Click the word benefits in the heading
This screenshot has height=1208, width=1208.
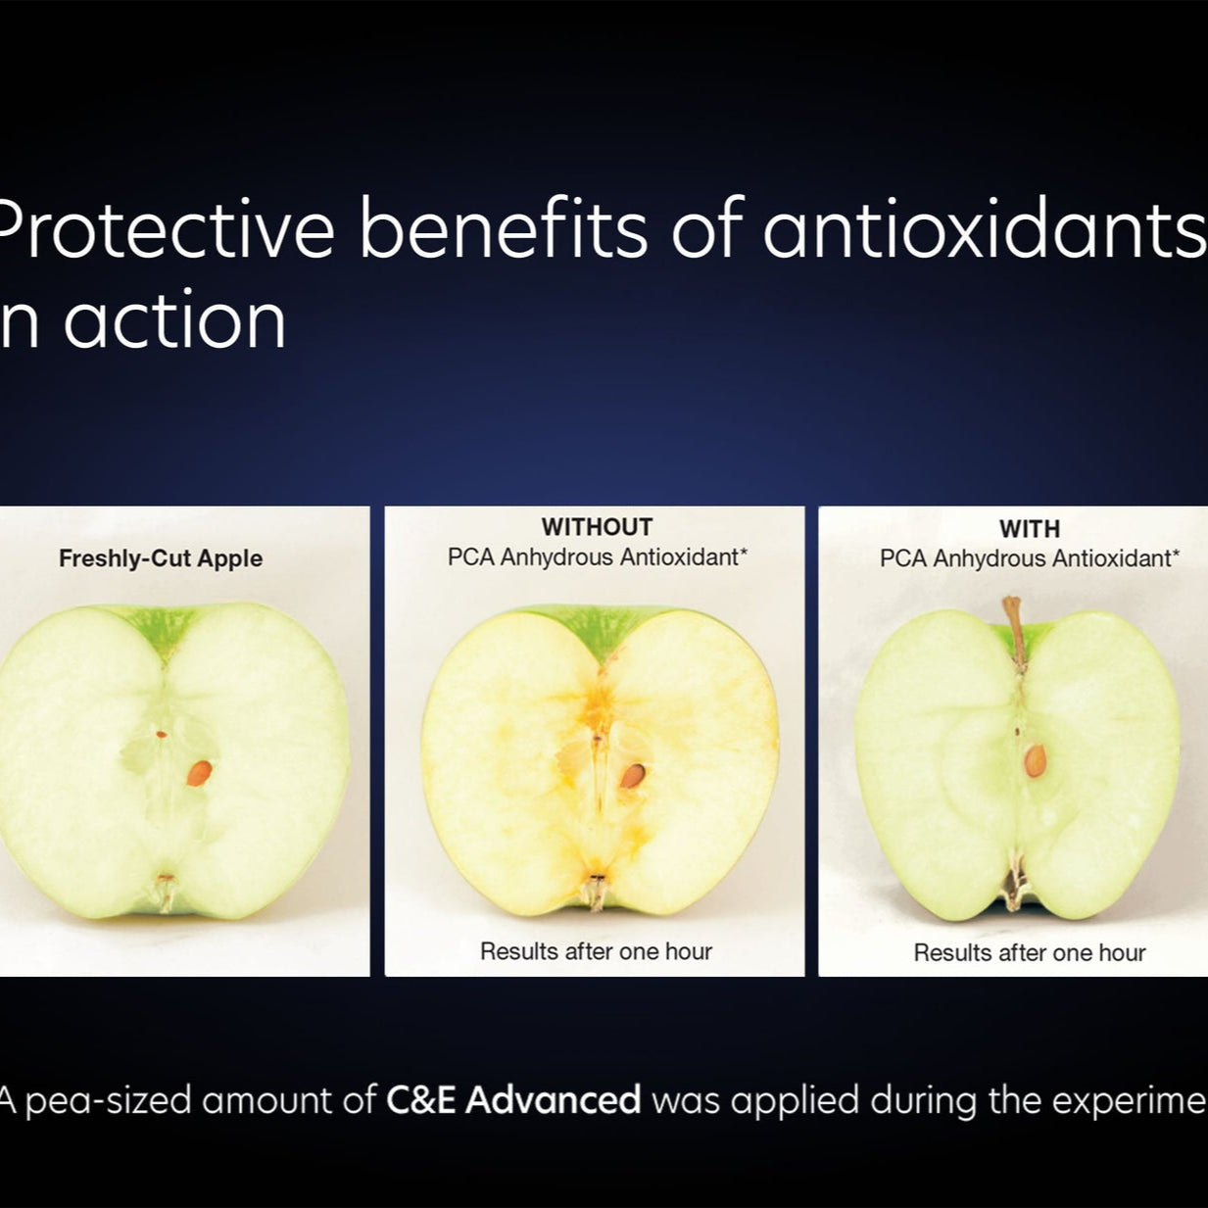(503, 229)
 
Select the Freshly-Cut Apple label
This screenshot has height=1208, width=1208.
(161, 558)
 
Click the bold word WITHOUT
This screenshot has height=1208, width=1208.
(597, 527)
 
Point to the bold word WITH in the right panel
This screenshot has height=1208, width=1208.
(1029, 529)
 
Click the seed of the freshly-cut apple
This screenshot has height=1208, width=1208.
(199, 773)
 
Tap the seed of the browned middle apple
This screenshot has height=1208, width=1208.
(633, 776)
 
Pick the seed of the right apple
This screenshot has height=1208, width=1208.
(1036, 760)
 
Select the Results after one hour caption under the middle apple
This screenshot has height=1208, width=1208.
(596, 951)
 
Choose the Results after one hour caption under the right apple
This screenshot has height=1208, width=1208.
(1029, 952)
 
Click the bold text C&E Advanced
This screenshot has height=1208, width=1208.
(513, 1100)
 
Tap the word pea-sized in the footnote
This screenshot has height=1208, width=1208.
(108, 1101)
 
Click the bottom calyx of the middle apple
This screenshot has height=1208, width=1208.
(594, 890)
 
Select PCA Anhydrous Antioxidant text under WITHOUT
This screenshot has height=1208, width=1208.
(597, 557)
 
